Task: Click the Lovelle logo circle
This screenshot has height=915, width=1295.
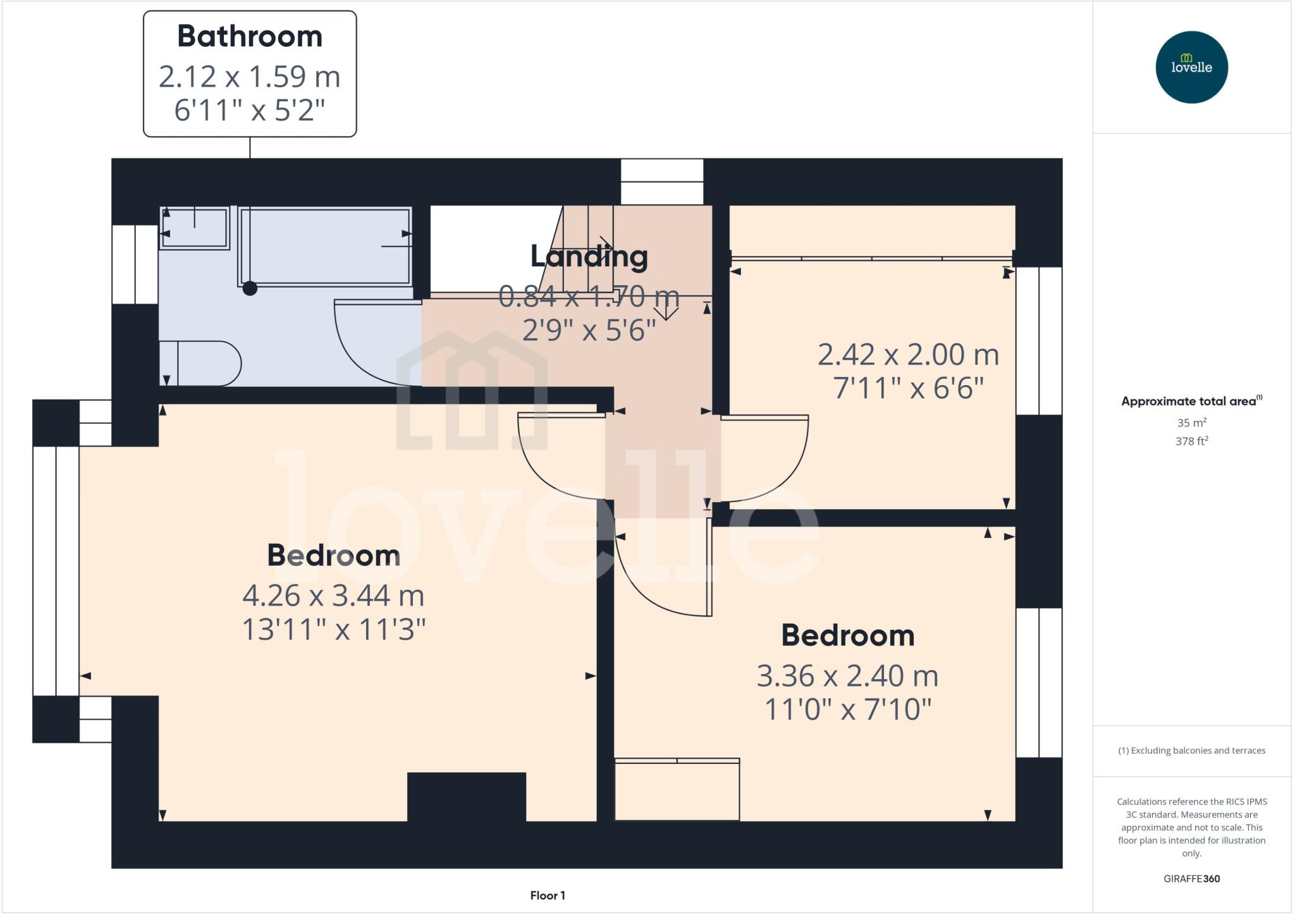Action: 1191,67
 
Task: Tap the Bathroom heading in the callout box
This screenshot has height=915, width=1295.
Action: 250,37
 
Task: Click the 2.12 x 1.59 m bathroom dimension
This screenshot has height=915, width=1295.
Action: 250,77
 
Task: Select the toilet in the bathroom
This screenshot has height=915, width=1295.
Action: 202,364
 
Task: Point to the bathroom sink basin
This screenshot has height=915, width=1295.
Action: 195,228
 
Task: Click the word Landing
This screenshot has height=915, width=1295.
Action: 589,256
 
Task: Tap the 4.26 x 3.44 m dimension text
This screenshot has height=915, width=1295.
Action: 333,596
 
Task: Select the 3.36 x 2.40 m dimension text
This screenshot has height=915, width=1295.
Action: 847,676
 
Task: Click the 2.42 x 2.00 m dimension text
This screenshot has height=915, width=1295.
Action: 908,355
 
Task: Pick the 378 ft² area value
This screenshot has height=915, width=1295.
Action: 1191,441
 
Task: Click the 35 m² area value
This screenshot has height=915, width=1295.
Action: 1191,422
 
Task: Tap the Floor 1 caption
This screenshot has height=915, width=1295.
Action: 548,895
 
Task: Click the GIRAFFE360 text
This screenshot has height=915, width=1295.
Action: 1191,878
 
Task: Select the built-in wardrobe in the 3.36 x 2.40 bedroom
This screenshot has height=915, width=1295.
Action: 677,790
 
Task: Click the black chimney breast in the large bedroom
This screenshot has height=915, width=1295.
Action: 466,796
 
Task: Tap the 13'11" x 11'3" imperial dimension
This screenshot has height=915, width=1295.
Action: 334,630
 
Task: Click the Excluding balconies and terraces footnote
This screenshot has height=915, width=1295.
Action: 1191,751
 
